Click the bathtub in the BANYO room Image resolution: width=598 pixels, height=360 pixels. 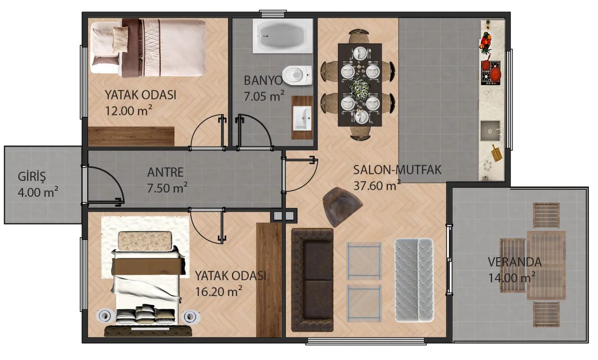[x=283, y=36]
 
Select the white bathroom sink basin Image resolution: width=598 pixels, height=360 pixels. [x=302, y=118]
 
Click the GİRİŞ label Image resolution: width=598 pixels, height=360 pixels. [x=32, y=177]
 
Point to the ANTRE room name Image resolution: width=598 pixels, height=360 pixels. [x=165, y=172]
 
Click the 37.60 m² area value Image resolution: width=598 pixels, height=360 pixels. [x=377, y=185]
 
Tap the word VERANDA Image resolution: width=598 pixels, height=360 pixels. [x=515, y=262]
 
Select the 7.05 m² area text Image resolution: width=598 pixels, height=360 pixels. [x=264, y=96]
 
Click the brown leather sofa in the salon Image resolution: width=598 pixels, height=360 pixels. [x=313, y=280]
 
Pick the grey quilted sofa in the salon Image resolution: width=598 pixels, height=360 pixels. [x=414, y=280]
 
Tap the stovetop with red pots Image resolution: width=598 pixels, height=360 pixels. [x=491, y=72]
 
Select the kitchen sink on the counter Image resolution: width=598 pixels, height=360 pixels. [x=491, y=131]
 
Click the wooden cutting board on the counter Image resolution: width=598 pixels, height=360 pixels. [x=496, y=153]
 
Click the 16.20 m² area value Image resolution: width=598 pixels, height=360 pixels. [x=219, y=291]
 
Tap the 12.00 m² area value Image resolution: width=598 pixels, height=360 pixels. [x=128, y=110]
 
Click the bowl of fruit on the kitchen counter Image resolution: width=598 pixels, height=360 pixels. [x=486, y=42]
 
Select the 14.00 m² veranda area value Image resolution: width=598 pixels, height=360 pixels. [x=512, y=278]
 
